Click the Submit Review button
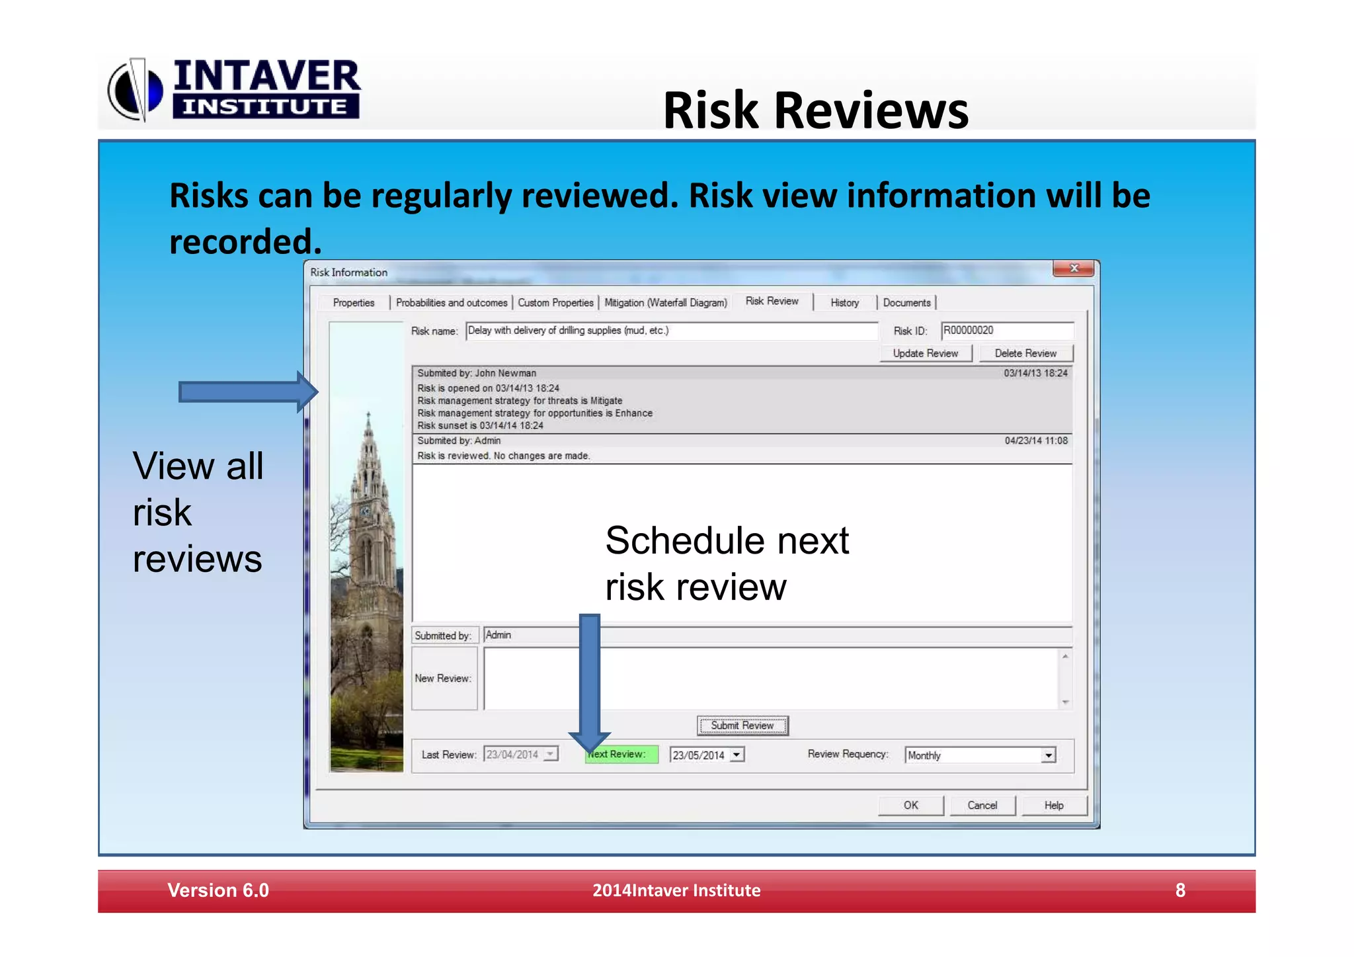(x=742, y=726)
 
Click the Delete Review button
(x=1025, y=353)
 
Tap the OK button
(x=910, y=805)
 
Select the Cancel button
(x=982, y=805)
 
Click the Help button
(x=1054, y=805)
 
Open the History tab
(x=844, y=302)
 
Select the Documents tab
(x=906, y=302)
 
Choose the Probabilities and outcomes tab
(x=452, y=302)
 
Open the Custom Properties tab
(x=555, y=302)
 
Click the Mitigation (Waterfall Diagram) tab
(x=666, y=302)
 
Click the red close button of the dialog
(x=1074, y=269)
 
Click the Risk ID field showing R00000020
(x=1006, y=330)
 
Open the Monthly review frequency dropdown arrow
(x=1048, y=755)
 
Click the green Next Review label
(x=621, y=754)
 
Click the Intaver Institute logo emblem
(x=135, y=91)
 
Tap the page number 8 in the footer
(x=1180, y=890)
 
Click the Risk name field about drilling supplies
(x=671, y=330)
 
